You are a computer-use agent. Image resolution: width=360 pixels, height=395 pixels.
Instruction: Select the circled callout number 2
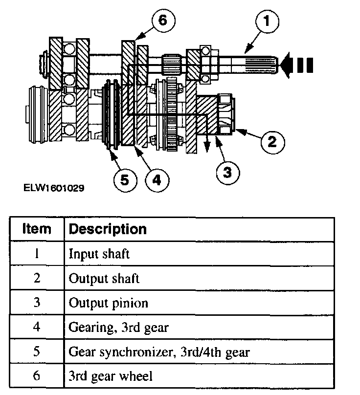[x=272, y=142]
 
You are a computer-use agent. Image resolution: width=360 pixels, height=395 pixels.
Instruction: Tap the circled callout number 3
[x=227, y=172]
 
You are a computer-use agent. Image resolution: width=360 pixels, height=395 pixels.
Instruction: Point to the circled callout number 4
[x=157, y=180]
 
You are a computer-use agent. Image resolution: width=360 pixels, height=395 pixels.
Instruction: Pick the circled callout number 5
[x=125, y=180]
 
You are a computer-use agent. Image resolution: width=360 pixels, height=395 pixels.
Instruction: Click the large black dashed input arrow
[x=298, y=66]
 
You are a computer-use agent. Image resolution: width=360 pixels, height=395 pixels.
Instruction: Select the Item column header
[x=36, y=229]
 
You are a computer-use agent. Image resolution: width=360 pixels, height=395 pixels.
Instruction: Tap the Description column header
[x=108, y=229]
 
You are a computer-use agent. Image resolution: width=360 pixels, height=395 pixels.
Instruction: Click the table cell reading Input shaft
[x=99, y=254]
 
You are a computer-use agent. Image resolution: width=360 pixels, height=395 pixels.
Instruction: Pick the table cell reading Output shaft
[x=104, y=279]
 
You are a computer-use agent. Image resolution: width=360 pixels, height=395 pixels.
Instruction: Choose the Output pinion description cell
[x=108, y=303]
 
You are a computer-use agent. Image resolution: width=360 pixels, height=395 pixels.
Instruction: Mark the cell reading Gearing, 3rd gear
[x=118, y=327]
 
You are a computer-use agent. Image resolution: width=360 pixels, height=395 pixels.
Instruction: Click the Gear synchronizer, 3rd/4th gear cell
[x=159, y=351]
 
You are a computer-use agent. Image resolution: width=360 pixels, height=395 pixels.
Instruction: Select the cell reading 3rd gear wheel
[x=111, y=376]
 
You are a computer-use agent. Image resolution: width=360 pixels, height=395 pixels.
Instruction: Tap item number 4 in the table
[x=36, y=327]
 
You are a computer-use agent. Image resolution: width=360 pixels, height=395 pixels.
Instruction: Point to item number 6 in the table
[x=36, y=376]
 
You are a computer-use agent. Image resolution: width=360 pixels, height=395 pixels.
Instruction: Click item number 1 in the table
[x=36, y=254]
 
